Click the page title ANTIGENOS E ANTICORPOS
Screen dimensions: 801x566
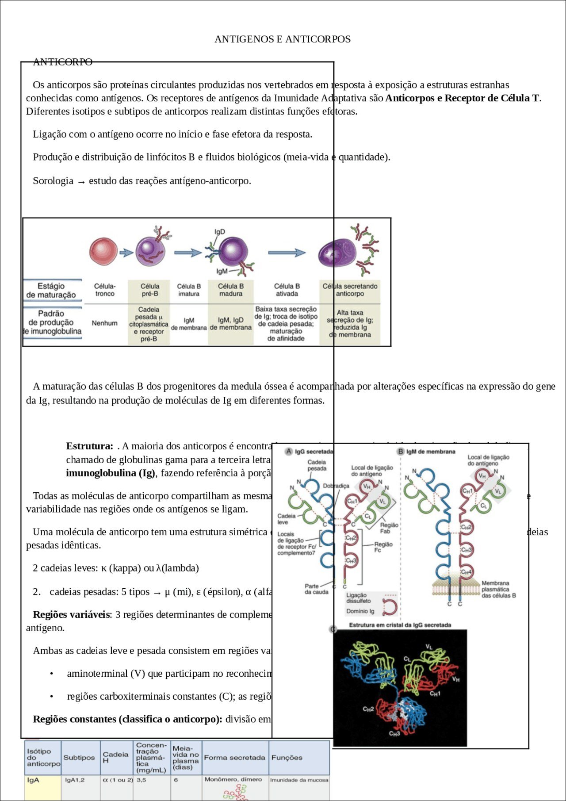[x=283, y=39]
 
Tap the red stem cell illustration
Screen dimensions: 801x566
[x=103, y=251]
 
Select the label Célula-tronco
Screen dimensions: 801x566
[x=105, y=290]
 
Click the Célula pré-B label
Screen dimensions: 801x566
[x=149, y=290]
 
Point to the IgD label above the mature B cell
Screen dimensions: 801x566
[x=220, y=232]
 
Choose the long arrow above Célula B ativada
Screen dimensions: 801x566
[x=287, y=253]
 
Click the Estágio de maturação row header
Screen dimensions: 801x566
[x=51, y=291]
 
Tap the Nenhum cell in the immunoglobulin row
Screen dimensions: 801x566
[x=105, y=323]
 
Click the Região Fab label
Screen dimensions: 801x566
[x=389, y=528]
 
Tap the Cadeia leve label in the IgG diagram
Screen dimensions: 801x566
[x=286, y=519]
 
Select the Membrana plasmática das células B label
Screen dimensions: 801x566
[x=498, y=589]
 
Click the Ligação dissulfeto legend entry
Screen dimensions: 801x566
[x=359, y=598]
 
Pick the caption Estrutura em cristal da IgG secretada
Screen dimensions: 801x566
[x=400, y=625]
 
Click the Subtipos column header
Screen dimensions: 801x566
[x=79, y=758]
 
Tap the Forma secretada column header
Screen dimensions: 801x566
[x=234, y=758]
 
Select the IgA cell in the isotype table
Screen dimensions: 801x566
[x=34, y=780]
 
